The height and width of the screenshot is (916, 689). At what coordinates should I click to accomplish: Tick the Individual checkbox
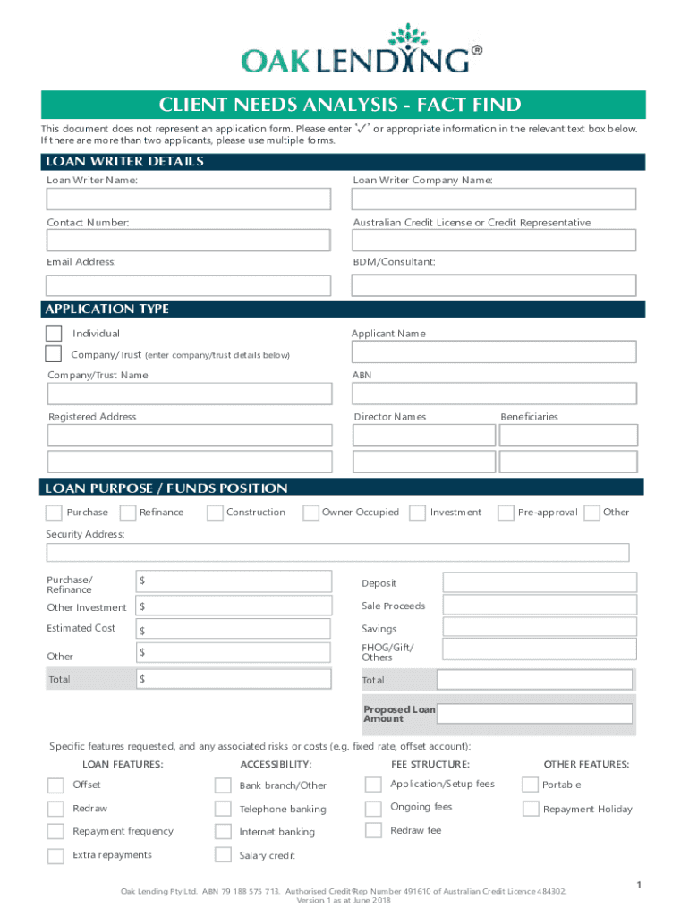54,333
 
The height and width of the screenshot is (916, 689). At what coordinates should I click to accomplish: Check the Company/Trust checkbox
54,353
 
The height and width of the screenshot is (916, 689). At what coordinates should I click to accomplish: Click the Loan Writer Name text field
189,199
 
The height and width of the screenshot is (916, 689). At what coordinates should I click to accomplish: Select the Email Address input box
189,284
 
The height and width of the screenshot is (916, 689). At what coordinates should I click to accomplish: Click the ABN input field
494,394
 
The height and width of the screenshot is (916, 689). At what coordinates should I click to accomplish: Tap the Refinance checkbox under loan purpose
127,513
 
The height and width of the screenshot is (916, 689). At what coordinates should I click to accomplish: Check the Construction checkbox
215,513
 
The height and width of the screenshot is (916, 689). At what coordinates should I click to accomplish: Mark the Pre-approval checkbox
505,513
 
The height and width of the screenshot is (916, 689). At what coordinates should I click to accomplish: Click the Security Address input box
337,552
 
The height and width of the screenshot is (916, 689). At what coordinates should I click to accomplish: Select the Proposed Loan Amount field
534,713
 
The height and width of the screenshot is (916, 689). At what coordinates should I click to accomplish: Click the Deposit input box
540,582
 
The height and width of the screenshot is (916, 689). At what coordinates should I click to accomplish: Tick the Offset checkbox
55,785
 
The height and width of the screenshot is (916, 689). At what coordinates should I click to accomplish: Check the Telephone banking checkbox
223,810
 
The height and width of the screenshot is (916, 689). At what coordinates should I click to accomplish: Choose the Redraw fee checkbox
373,831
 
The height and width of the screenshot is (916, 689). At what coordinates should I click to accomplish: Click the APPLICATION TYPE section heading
106,309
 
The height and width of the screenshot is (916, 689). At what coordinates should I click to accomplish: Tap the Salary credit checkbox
223,855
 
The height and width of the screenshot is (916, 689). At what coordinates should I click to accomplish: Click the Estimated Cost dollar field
234,630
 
